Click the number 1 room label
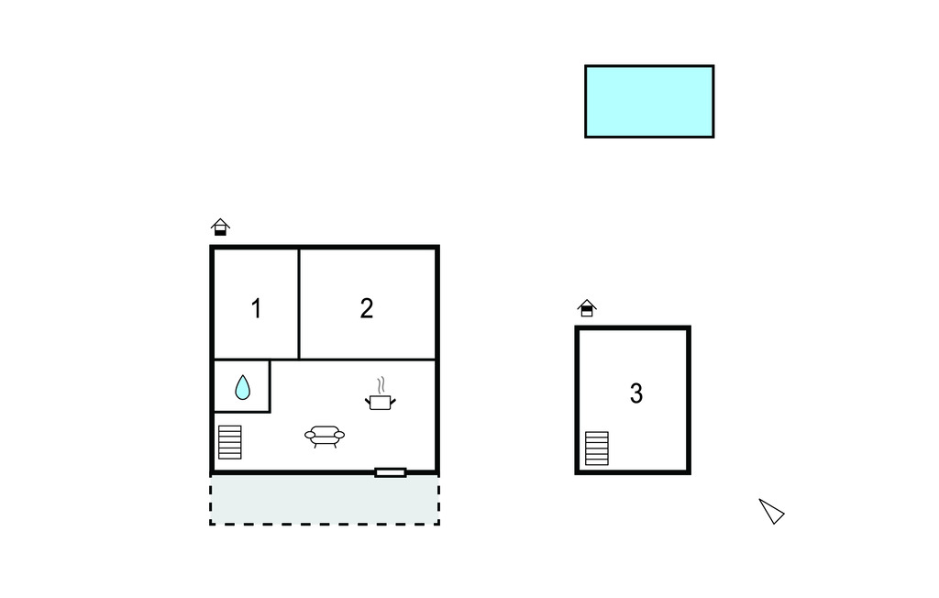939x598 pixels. (x=257, y=308)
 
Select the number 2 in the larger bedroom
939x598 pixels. (x=367, y=308)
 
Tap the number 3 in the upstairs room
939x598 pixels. (x=636, y=393)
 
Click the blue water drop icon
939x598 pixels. (x=242, y=387)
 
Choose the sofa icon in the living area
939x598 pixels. (x=325, y=437)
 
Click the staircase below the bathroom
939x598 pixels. (x=230, y=442)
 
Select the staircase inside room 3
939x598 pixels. (x=596, y=448)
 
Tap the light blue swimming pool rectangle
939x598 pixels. (x=649, y=101)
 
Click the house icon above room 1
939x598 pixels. (x=220, y=227)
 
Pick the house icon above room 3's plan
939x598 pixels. (x=587, y=308)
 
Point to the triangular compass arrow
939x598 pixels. (x=771, y=511)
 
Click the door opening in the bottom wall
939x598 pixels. (x=391, y=472)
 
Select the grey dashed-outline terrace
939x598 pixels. (x=325, y=500)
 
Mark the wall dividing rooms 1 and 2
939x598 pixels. (x=299, y=304)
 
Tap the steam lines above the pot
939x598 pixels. (x=381, y=385)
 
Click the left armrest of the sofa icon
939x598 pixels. (x=310, y=435)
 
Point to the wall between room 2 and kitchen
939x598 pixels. (x=367, y=360)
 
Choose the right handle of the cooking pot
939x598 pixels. (x=392, y=400)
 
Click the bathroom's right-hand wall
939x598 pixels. (x=271, y=386)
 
